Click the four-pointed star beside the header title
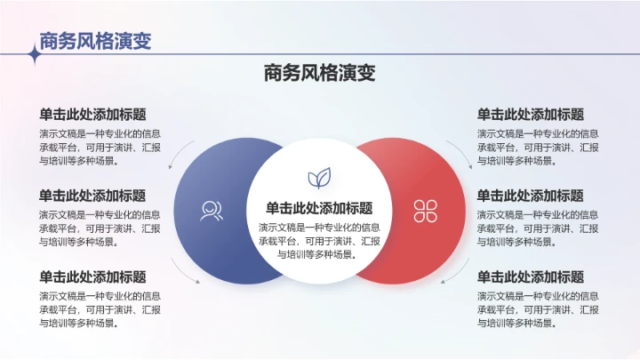pyautogui.click(x=36, y=54)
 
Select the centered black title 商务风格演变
pyautogui.click(x=320, y=73)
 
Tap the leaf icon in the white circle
pyautogui.click(x=319, y=178)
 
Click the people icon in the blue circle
pyautogui.click(x=212, y=211)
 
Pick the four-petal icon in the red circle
pyautogui.click(x=426, y=211)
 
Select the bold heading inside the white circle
pyautogui.click(x=319, y=208)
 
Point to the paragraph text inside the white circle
pyautogui.click(x=319, y=240)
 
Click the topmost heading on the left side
pyautogui.click(x=92, y=115)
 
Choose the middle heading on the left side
pyautogui.click(x=92, y=196)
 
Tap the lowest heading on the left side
pyautogui.click(x=92, y=276)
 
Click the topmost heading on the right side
pyautogui.click(x=531, y=115)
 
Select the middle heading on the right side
pyautogui.click(x=531, y=196)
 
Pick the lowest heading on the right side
pyautogui.click(x=531, y=276)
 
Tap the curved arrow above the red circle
pyautogui.click(x=460, y=152)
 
